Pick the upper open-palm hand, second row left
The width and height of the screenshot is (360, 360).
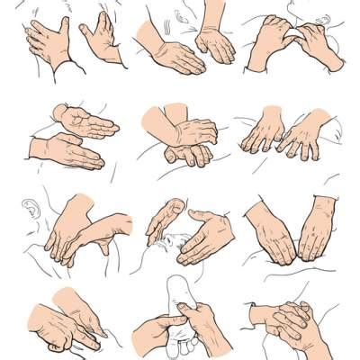(85, 121)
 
